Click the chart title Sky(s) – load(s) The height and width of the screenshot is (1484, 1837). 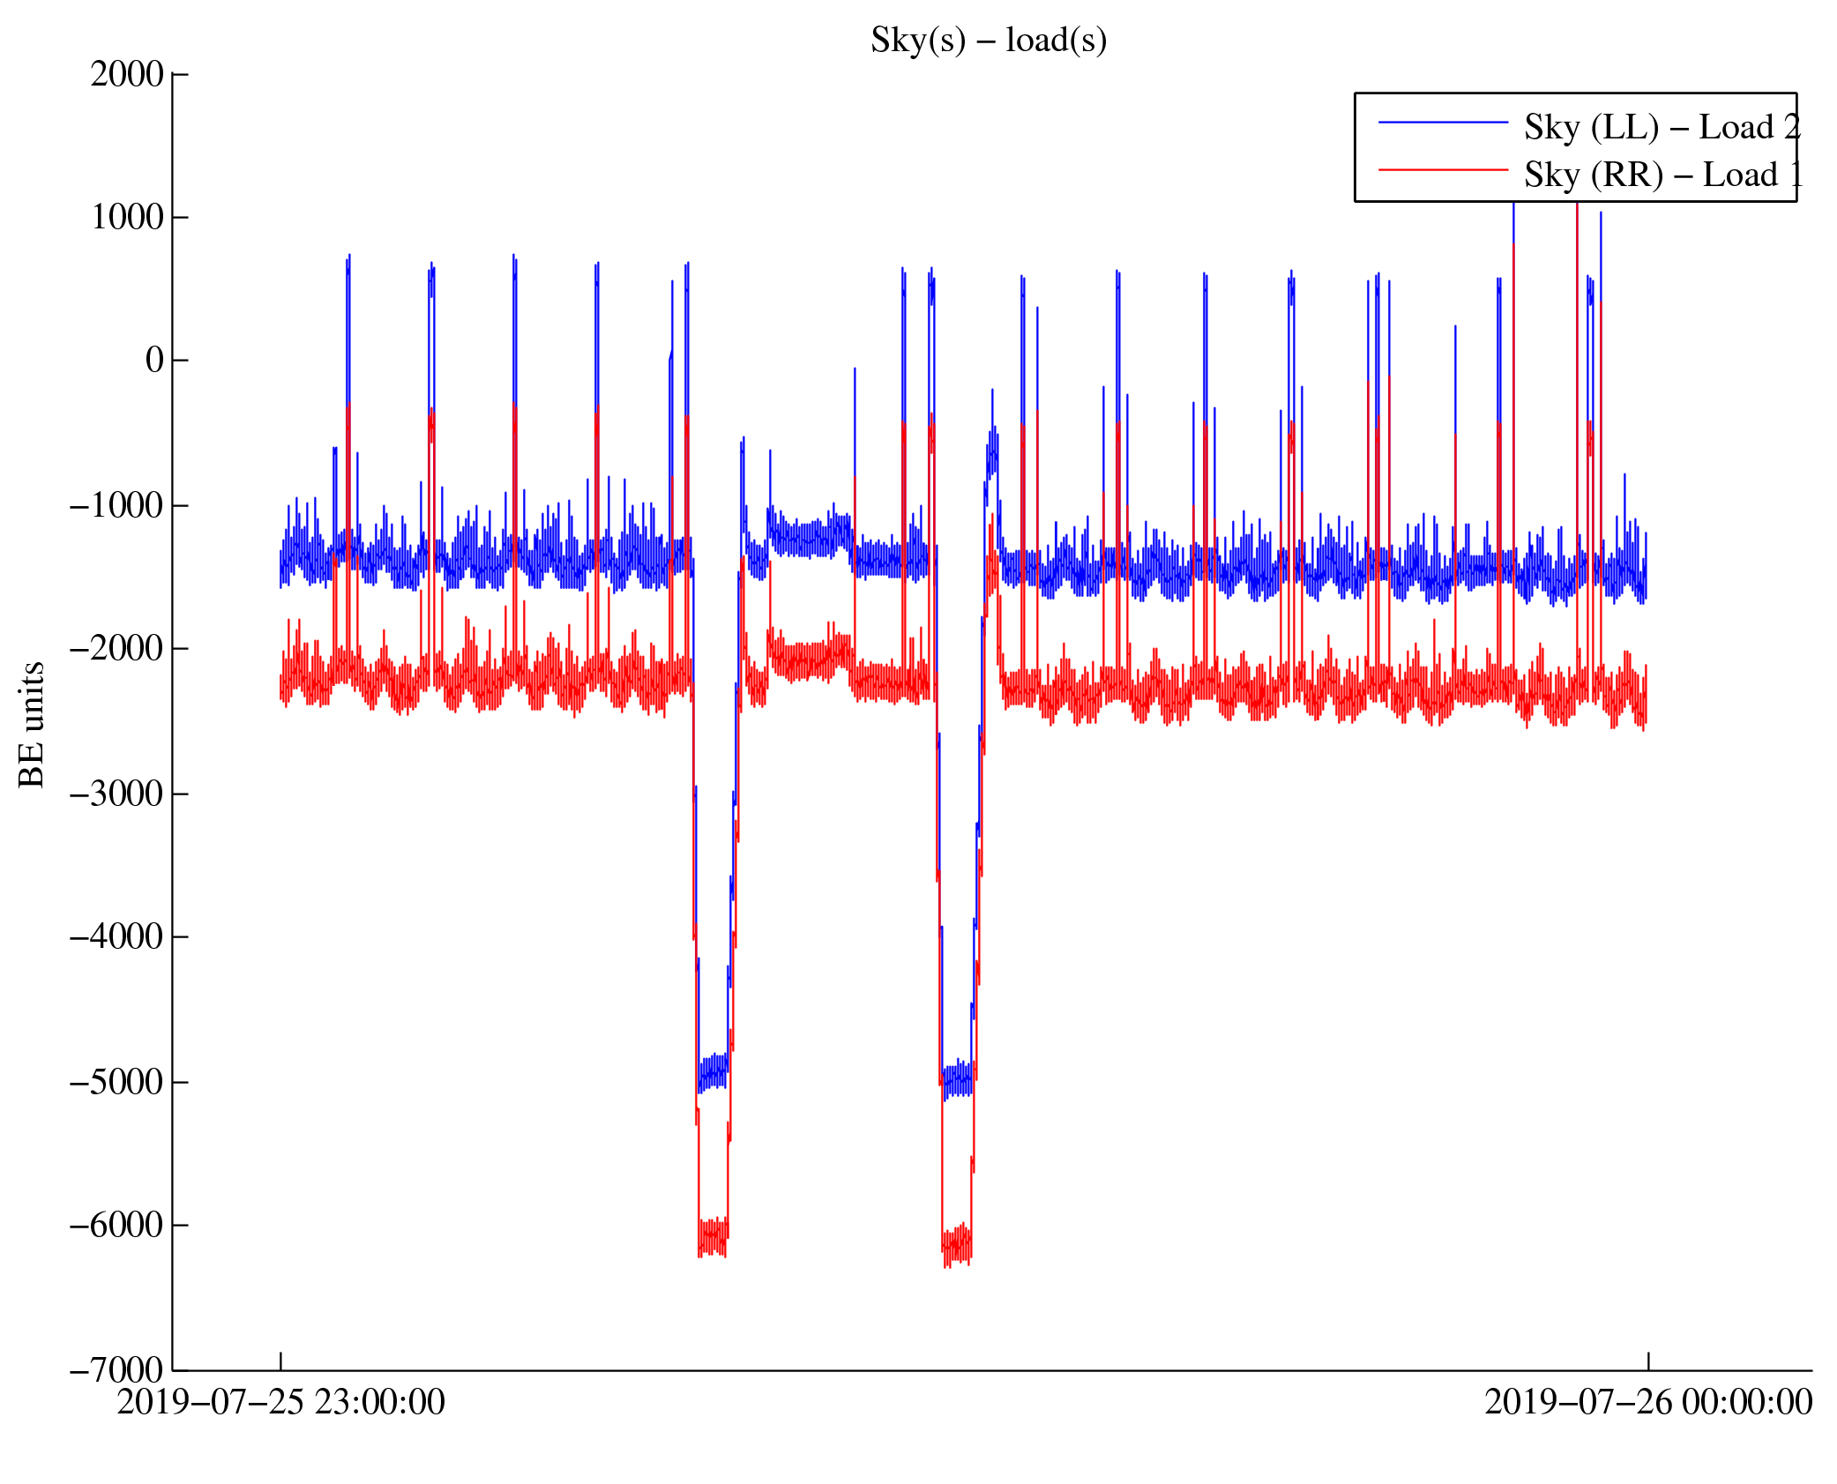click(988, 41)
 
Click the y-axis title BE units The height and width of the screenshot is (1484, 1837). click(32, 724)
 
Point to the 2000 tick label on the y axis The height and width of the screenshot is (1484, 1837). click(127, 75)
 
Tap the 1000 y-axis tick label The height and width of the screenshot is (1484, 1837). click(127, 218)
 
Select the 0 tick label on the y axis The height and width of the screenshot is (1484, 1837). click(154, 361)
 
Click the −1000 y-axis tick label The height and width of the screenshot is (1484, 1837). click(116, 506)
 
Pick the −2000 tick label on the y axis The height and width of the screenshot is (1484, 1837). click(116, 649)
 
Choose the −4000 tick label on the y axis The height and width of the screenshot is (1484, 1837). click(116, 937)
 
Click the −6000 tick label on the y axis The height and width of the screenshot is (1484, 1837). click(116, 1226)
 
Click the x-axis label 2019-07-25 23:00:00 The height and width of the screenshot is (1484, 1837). click(280, 1403)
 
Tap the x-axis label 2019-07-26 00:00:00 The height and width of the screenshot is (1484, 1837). click(1647, 1403)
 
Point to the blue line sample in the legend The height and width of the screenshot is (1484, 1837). click(1443, 123)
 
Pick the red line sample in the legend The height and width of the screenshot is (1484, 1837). click(1443, 169)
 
